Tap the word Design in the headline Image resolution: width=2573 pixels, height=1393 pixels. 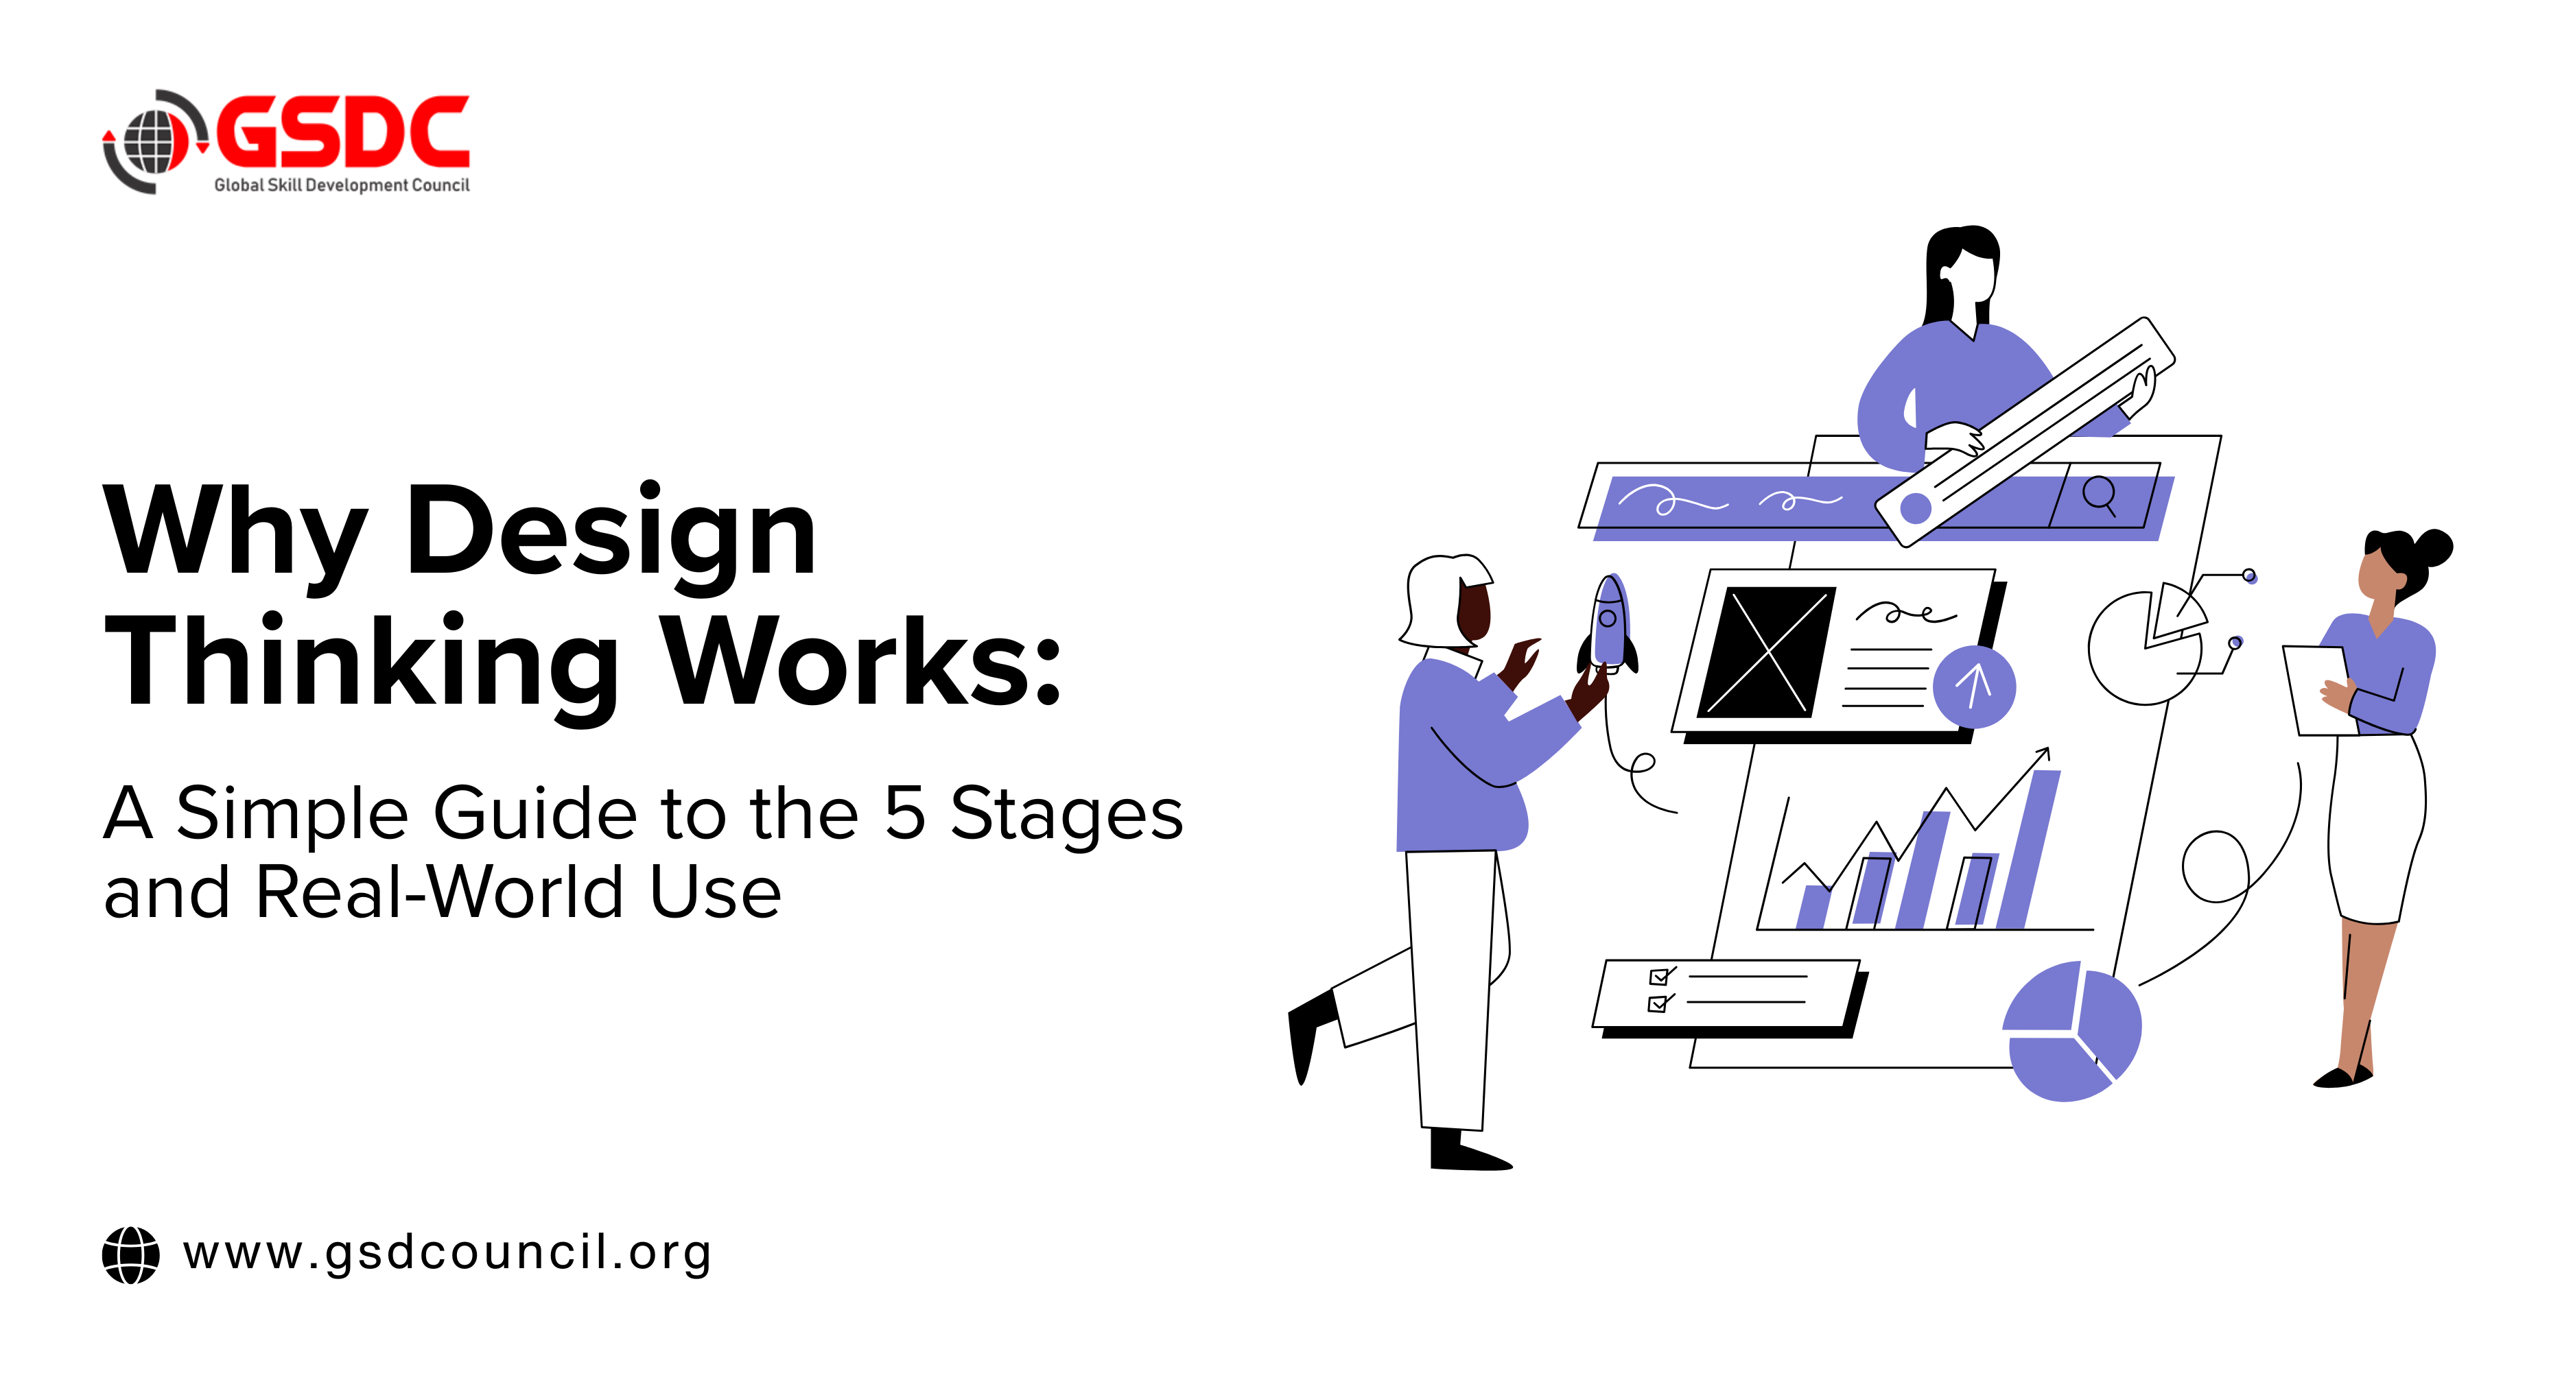(611, 532)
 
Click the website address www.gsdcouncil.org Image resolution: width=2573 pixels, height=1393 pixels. (447, 1252)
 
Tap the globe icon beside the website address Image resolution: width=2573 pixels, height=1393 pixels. (131, 1255)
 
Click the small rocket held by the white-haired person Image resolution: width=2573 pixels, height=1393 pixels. (1609, 624)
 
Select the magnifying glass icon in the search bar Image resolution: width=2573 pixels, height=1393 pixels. (2099, 495)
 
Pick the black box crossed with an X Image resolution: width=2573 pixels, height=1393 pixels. (1767, 652)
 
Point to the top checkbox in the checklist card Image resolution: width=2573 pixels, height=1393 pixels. (1659, 977)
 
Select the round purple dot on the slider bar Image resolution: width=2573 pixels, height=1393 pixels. (1915, 508)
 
